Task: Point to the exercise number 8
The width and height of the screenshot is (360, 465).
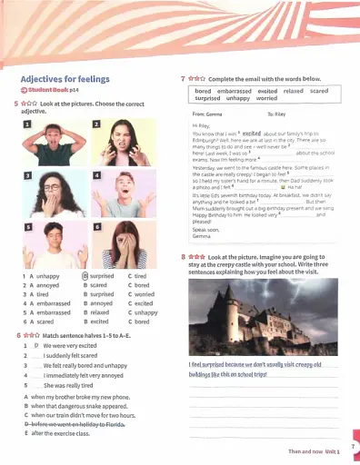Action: [185, 258]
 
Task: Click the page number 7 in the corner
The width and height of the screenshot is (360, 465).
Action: [352, 446]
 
